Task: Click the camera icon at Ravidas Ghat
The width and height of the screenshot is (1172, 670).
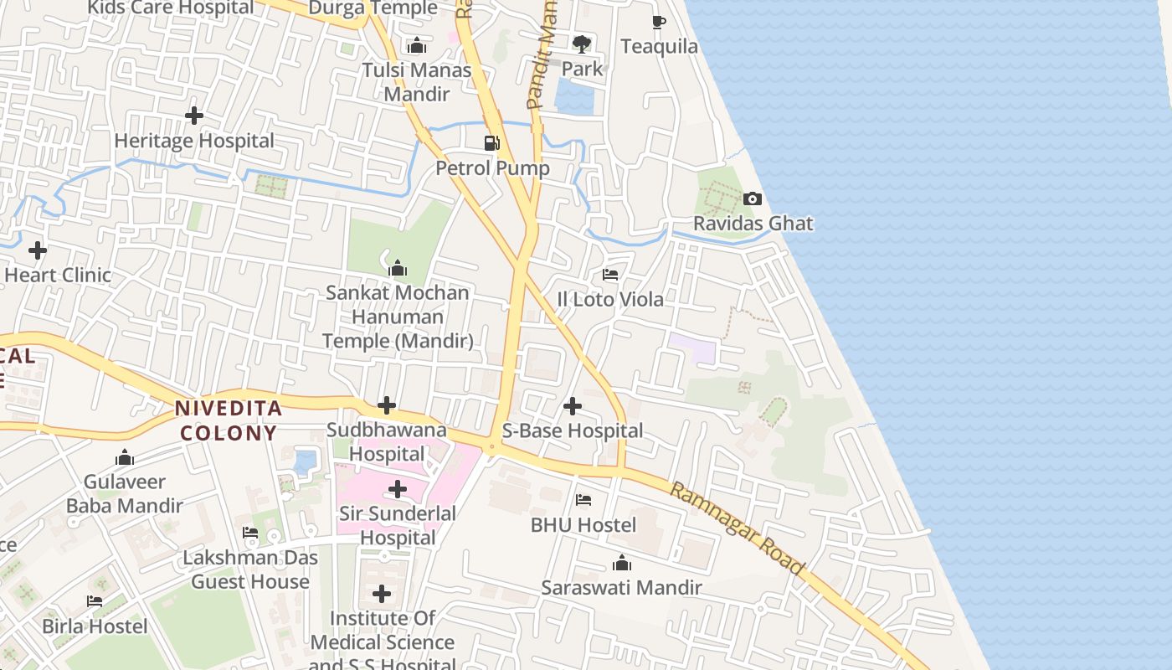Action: [x=753, y=199]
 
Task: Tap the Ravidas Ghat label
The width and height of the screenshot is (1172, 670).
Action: [x=753, y=224]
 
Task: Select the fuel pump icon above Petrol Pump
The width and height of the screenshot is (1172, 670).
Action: [x=492, y=143]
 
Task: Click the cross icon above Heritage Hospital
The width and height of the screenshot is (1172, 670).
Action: [x=194, y=116]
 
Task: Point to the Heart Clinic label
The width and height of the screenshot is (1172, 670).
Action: [x=58, y=275]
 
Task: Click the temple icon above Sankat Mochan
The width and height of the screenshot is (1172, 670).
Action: [x=398, y=269]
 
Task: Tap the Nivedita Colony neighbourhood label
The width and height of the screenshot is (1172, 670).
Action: [x=228, y=420]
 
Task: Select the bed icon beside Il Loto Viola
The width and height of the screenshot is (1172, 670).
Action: [x=610, y=275]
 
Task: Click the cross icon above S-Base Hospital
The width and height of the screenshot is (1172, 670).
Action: [x=573, y=407]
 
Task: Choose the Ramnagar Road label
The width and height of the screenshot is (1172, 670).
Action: [x=738, y=528]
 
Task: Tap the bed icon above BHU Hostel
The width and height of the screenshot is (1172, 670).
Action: [x=583, y=501]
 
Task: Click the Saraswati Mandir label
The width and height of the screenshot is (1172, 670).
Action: [x=621, y=587]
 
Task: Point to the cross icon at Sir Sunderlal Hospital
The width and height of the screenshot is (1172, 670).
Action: [x=398, y=489]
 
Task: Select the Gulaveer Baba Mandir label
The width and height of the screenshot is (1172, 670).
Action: [x=125, y=493]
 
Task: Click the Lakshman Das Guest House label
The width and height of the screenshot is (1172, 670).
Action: [x=250, y=569]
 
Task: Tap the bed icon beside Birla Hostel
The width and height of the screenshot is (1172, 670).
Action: [x=95, y=601]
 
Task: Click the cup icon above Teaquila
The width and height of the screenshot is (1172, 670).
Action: [x=659, y=22]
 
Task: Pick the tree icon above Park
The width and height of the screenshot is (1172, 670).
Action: [x=581, y=44]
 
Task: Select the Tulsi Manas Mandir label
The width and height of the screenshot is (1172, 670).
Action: [x=417, y=81]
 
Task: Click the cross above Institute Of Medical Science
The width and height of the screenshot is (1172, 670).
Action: [x=382, y=595]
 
